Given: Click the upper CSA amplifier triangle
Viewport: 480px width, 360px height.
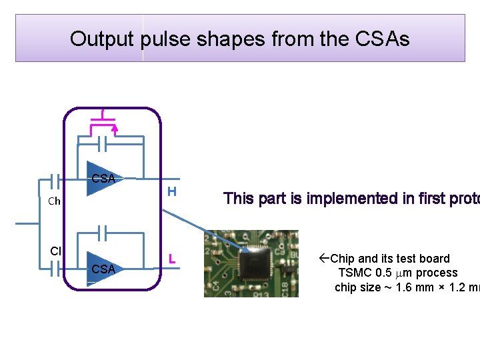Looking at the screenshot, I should tap(102, 179).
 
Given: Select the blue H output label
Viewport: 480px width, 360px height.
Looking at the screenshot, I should tap(171, 192).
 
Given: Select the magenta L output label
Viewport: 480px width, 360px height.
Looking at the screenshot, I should tap(171, 259).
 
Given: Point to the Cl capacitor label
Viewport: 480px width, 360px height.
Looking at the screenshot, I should tap(55, 251).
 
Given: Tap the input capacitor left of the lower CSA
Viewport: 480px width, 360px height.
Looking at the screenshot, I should tap(55, 268).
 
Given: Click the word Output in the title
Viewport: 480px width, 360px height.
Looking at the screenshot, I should tap(103, 39).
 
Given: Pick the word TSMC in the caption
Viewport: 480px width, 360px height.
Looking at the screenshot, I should tap(354, 273).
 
